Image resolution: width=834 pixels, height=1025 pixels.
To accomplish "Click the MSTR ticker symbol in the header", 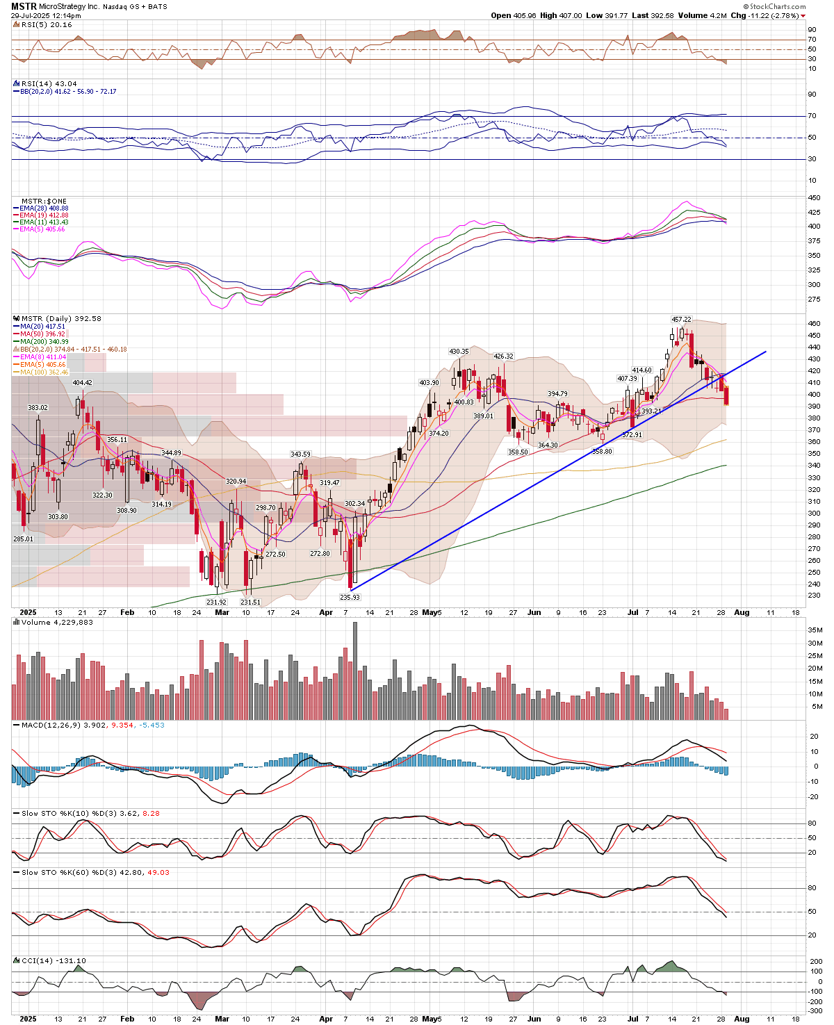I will (x=24, y=6).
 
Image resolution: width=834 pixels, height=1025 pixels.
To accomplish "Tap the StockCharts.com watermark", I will (x=778, y=6).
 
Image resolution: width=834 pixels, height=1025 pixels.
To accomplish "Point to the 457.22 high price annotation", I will (x=681, y=319).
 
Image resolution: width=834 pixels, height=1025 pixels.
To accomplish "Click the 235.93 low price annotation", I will (x=350, y=597).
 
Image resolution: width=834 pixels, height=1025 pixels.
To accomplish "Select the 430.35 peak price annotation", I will (x=459, y=352).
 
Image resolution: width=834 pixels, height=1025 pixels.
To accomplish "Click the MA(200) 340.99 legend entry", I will (x=44, y=342).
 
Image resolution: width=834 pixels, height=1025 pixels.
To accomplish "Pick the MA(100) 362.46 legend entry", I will (x=44, y=372).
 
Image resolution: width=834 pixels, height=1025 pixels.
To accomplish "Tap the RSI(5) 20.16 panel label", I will (x=46, y=25).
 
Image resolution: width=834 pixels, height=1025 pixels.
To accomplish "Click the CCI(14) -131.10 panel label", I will (x=53, y=961).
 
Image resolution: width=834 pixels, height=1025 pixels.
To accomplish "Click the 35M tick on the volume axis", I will (x=815, y=630).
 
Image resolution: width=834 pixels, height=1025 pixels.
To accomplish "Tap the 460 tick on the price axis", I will (x=813, y=324).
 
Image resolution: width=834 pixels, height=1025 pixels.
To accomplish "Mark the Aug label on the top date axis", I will (x=742, y=613).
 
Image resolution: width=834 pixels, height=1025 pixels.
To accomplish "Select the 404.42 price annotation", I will (x=82, y=383).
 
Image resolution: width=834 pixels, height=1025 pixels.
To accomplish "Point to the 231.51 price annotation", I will (x=250, y=602).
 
